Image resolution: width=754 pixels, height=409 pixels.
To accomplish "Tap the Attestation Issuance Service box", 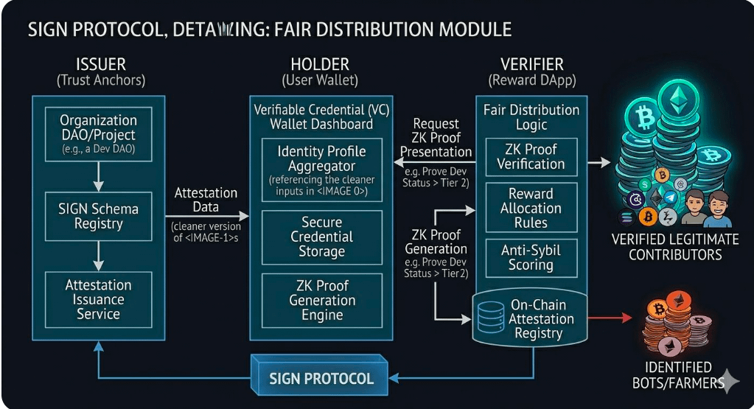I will pyautogui.click(x=98, y=298).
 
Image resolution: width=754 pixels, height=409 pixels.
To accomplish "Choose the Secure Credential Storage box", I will pyautogui.click(x=322, y=237).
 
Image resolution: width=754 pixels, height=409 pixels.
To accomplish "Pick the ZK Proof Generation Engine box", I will pyautogui.click(x=322, y=300).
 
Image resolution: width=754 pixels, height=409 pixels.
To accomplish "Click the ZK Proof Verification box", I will pyautogui.click(x=531, y=156).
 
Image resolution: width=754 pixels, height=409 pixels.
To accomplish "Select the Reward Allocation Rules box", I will pyautogui.click(x=531, y=208).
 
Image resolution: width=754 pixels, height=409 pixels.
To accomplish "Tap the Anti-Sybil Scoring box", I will pyautogui.click(x=531, y=257).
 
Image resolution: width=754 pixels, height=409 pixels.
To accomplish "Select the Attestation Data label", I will pyautogui.click(x=206, y=200).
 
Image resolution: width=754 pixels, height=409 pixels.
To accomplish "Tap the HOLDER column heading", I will pyautogui.click(x=320, y=64).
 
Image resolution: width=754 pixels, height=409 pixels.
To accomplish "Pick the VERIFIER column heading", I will pyautogui.click(x=532, y=64).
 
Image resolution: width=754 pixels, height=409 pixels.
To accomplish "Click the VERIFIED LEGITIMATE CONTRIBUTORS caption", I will pyautogui.click(x=674, y=247).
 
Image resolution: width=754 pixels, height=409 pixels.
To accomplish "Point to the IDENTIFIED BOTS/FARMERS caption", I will pyautogui.click(x=672, y=374).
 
